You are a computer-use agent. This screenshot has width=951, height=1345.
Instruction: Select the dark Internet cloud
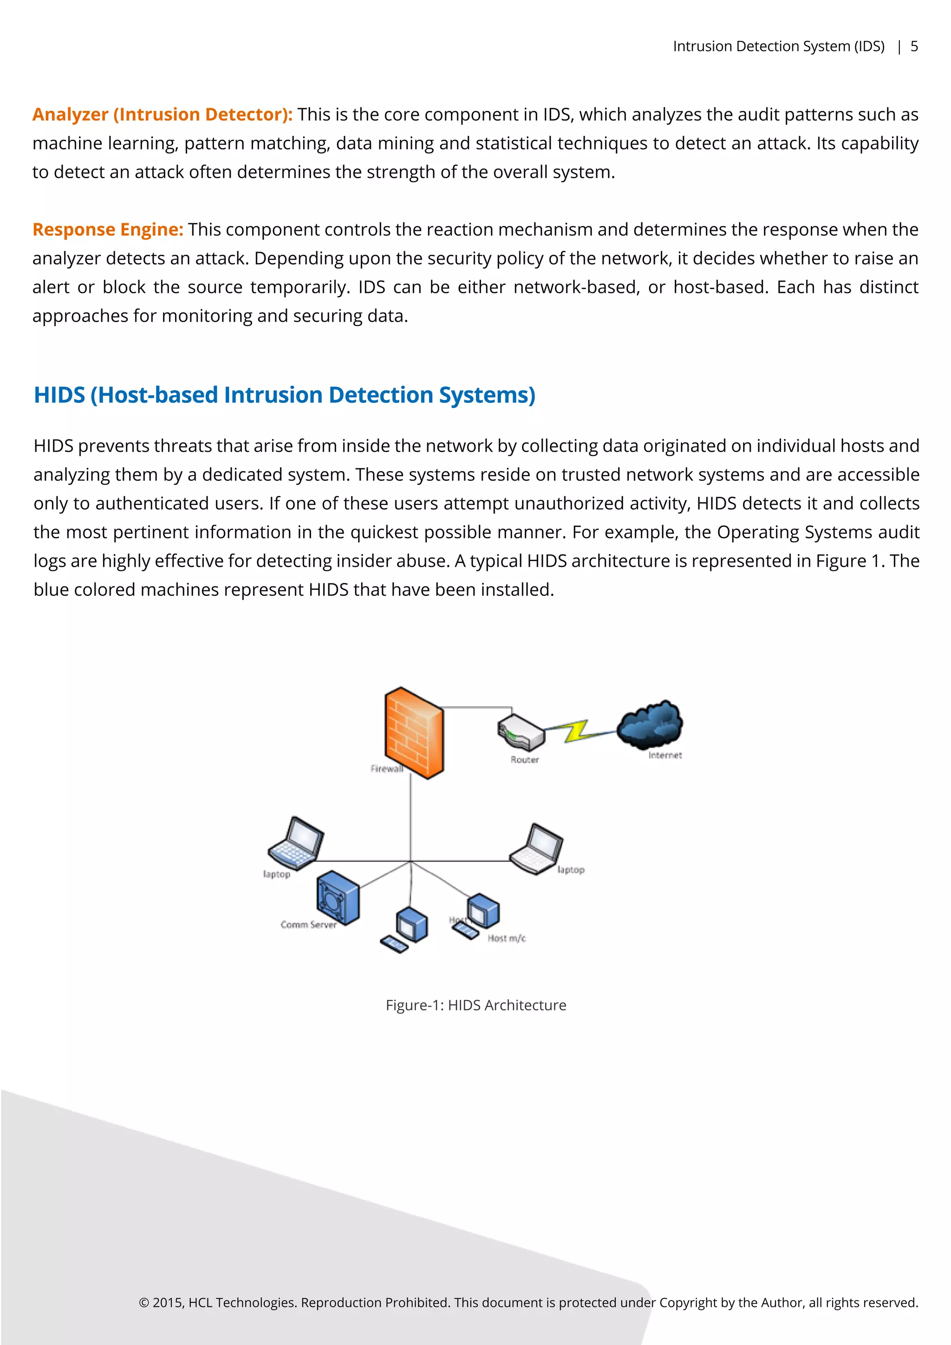click(x=651, y=724)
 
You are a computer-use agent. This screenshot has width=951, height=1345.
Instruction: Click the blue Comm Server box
click(x=338, y=897)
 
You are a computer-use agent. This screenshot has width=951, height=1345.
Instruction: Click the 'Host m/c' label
click(x=506, y=938)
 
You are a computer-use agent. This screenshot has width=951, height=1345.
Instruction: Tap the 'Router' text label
click(x=524, y=759)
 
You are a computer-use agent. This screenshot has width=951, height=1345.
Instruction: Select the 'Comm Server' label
click(x=308, y=925)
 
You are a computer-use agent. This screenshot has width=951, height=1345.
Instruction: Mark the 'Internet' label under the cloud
click(x=664, y=755)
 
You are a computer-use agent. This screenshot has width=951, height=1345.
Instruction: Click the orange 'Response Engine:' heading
click(x=108, y=230)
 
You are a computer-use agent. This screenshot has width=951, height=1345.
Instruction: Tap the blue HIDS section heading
click(x=284, y=395)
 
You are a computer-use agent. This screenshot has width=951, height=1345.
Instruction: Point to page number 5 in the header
click(x=913, y=46)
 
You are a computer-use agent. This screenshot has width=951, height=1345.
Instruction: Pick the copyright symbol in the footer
click(x=143, y=1302)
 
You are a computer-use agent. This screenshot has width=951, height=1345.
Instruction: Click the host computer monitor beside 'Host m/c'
click(x=484, y=910)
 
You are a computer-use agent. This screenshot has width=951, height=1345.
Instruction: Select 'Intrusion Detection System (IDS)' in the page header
click(x=778, y=46)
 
